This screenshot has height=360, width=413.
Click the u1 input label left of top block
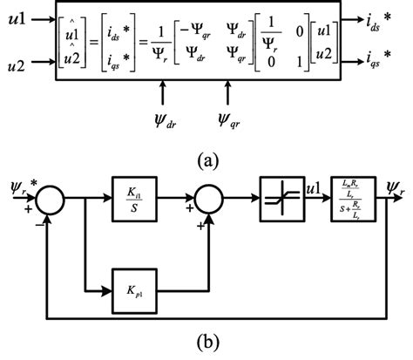click(x=14, y=18)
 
